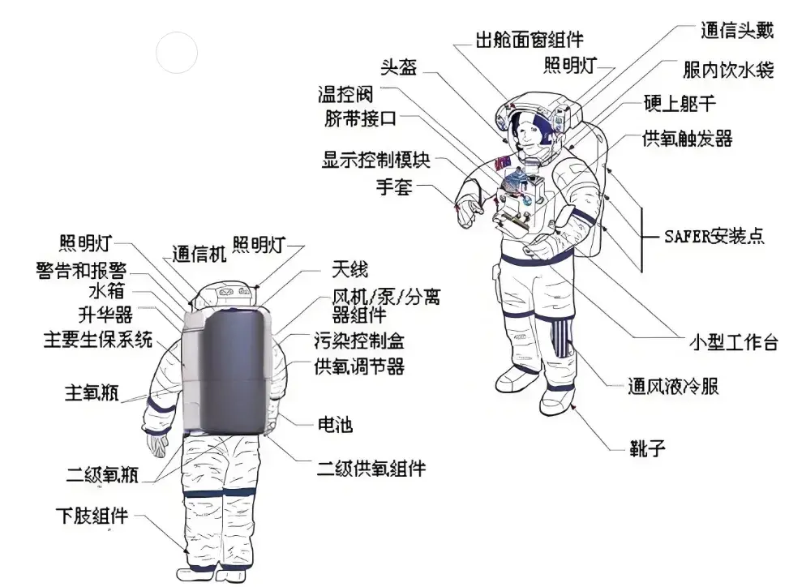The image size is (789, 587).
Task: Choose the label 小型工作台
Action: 733,342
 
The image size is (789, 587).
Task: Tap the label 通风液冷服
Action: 673,386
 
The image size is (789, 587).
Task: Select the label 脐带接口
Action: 360,119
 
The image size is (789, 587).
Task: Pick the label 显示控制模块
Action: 375,160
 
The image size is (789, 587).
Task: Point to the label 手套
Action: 394,187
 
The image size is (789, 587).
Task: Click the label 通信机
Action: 199,254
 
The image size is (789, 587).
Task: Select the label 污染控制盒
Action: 359,340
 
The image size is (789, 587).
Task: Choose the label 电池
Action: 333,424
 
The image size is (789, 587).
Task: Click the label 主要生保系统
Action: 97,340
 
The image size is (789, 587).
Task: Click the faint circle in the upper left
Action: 177,52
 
